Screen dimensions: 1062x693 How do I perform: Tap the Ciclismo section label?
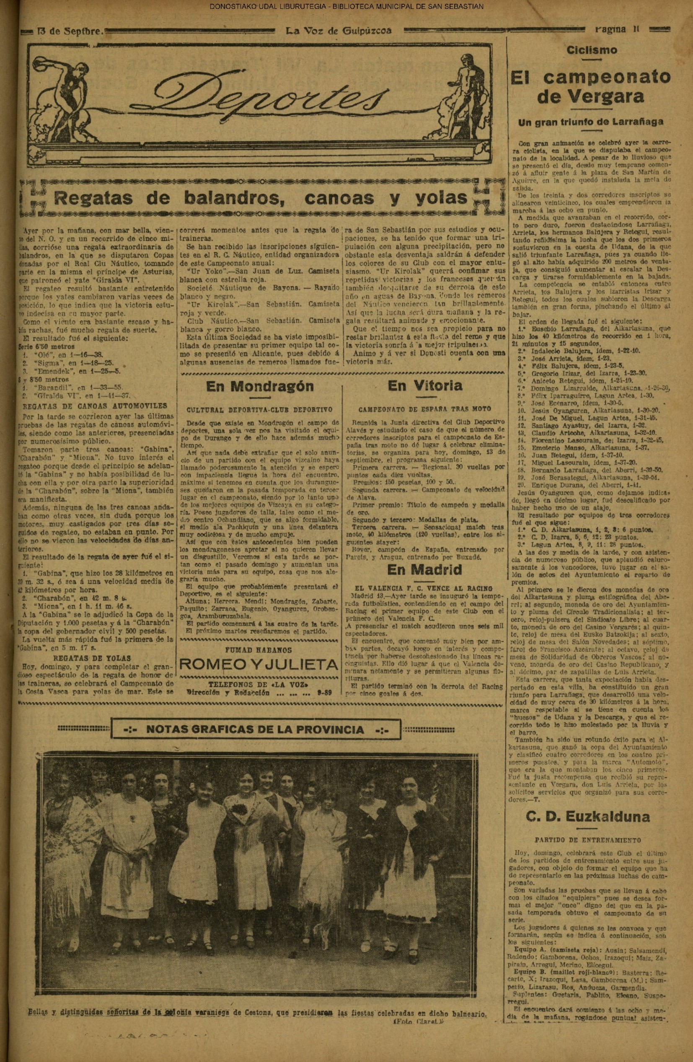(x=592, y=50)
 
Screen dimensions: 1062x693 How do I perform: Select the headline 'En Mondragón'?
(x=260, y=386)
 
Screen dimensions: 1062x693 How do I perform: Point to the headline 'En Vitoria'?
(x=425, y=385)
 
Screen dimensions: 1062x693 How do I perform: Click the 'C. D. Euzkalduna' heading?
(x=587, y=817)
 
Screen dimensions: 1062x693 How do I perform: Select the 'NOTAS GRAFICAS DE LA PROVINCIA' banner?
(x=255, y=731)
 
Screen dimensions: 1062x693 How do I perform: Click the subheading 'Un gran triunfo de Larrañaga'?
(x=590, y=122)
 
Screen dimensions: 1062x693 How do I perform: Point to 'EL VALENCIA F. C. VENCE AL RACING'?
(x=421, y=588)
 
